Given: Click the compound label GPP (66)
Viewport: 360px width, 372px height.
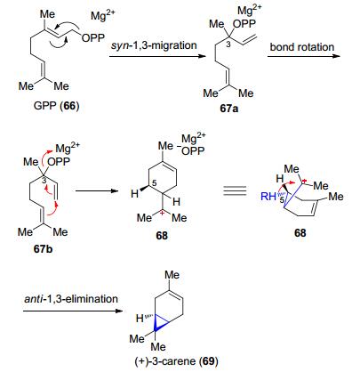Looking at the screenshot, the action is (x=56, y=106).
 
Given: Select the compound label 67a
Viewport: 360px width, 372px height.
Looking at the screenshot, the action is (x=229, y=109).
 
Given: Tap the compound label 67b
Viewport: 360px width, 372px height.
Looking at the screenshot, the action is (x=43, y=248).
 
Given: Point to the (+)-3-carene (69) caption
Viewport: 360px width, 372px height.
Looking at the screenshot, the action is (x=176, y=361).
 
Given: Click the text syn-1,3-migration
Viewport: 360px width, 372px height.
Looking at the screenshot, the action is (x=154, y=45).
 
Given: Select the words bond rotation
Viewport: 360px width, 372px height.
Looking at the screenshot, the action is (x=302, y=47).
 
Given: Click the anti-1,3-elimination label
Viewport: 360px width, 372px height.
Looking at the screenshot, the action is (x=71, y=298).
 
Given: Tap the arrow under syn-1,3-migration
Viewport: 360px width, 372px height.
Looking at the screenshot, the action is (x=157, y=56).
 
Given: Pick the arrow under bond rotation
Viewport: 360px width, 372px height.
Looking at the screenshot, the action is (x=303, y=56).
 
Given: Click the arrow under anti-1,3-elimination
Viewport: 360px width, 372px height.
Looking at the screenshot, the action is (x=73, y=311).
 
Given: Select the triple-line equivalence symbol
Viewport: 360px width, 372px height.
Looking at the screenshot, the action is (x=235, y=190).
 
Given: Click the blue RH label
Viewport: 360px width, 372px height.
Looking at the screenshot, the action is (x=268, y=197).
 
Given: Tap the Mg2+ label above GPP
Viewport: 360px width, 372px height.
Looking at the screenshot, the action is (x=103, y=14).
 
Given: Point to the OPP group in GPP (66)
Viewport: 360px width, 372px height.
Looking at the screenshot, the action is (x=93, y=38).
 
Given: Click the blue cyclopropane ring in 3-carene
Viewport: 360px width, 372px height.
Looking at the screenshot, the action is (x=162, y=325).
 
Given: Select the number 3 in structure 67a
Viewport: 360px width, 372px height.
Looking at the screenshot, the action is (x=228, y=45).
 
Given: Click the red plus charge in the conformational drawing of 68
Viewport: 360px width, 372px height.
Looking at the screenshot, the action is (x=305, y=182).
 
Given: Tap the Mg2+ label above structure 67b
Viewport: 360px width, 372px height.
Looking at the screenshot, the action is (x=68, y=147).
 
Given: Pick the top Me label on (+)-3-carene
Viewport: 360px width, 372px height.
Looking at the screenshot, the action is (x=172, y=275).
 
